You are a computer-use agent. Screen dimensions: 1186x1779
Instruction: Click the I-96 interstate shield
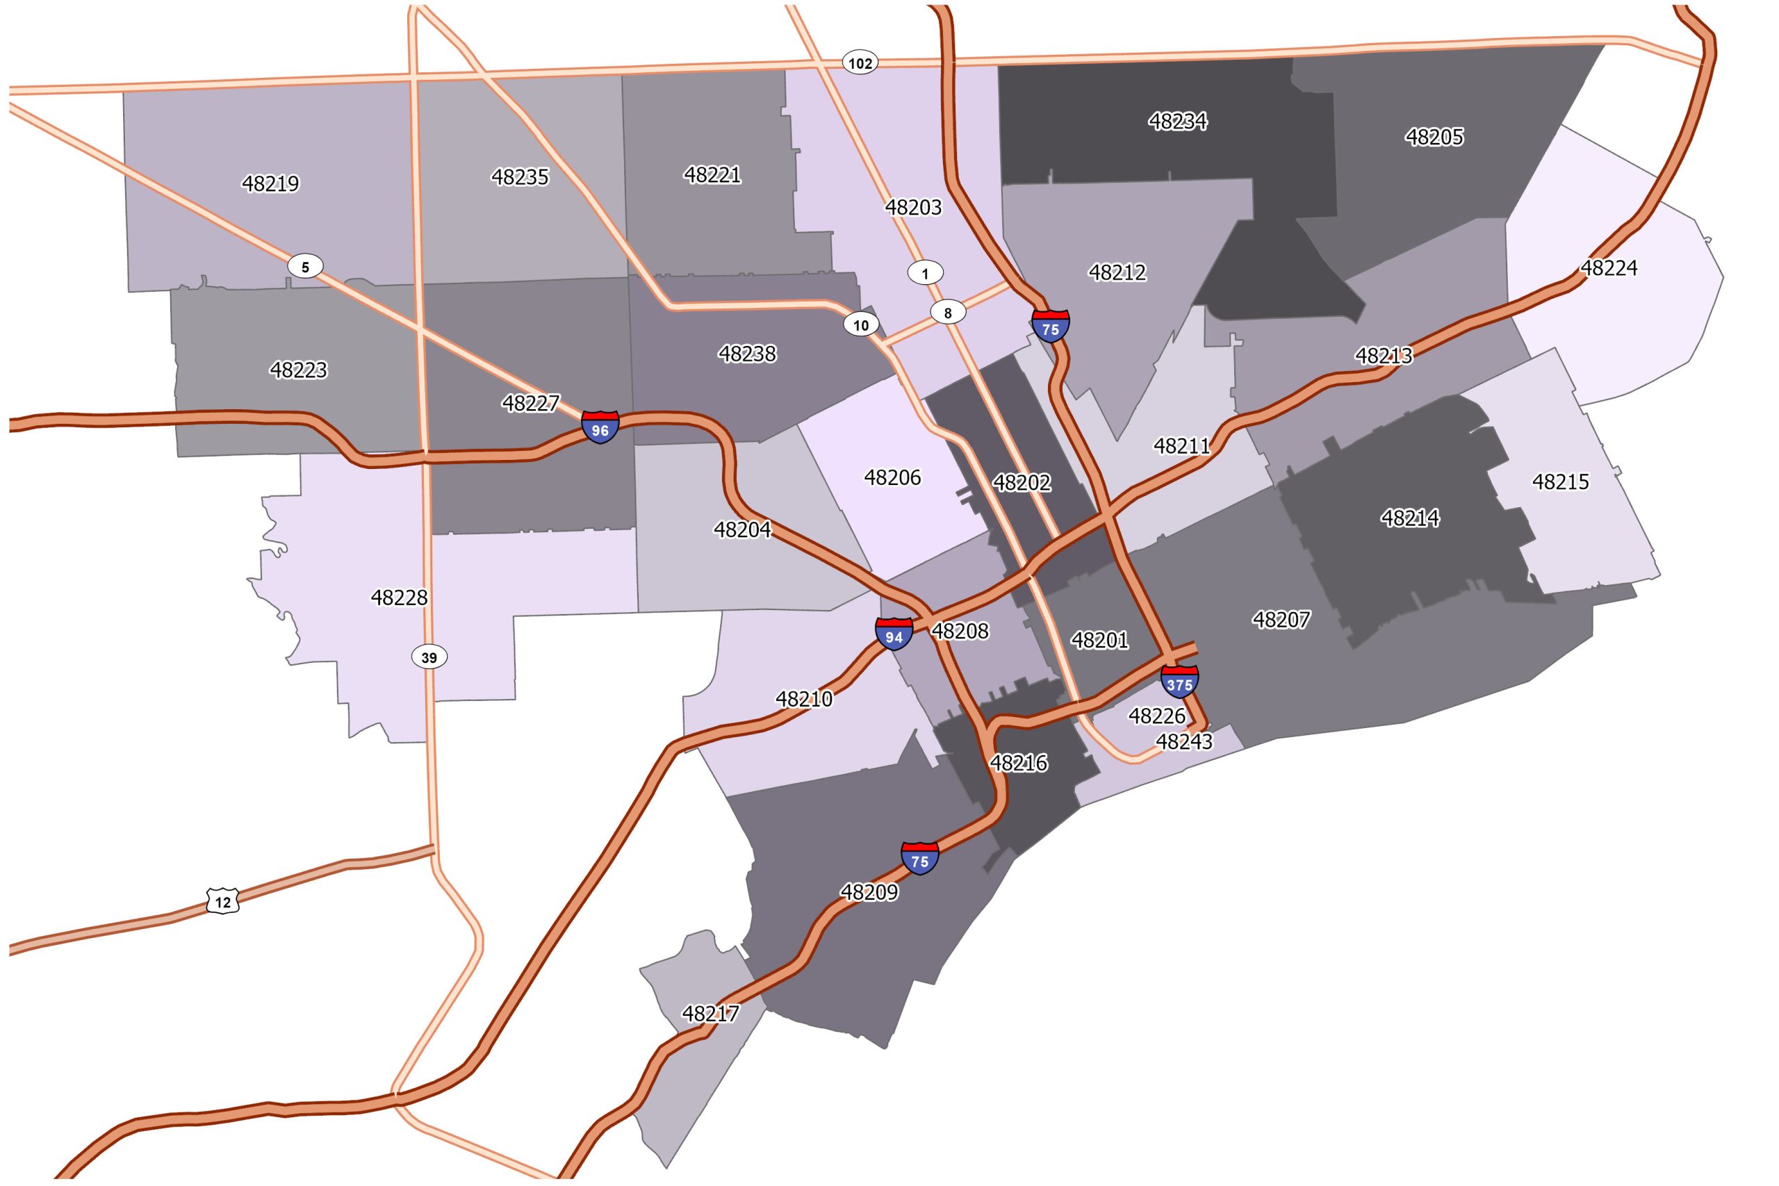pos(600,427)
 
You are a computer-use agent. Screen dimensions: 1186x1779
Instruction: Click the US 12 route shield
pos(222,902)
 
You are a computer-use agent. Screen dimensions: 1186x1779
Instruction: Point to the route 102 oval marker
pos(860,63)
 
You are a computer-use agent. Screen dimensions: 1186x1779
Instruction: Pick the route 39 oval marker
pos(429,657)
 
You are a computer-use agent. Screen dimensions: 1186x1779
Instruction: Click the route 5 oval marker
pos(306,266)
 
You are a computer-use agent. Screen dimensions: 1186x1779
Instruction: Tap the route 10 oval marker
pos(861,325)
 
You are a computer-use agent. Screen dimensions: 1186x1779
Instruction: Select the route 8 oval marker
pos(948,313)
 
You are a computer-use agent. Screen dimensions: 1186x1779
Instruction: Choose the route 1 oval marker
pos(925,273)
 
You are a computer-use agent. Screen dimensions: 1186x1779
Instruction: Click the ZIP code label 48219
pos(270,184)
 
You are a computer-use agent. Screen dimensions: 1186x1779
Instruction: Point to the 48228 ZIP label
pos(400,598)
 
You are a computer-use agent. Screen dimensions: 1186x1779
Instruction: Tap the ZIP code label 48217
pos(710,1014)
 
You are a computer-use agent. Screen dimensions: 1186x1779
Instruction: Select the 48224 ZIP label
pos(1609,268)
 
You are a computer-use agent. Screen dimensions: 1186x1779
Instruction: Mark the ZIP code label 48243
pos(1184,742)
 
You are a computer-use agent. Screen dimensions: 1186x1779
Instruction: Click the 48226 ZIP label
pos(1157,716)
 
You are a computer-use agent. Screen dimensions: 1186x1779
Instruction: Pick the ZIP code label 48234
pos(1178,121)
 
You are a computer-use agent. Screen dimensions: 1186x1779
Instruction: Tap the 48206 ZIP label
pos(892,477)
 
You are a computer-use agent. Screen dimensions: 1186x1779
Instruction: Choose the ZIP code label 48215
pos(1560,481)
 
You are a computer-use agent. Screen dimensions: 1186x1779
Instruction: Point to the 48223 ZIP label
pos(299,370)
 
